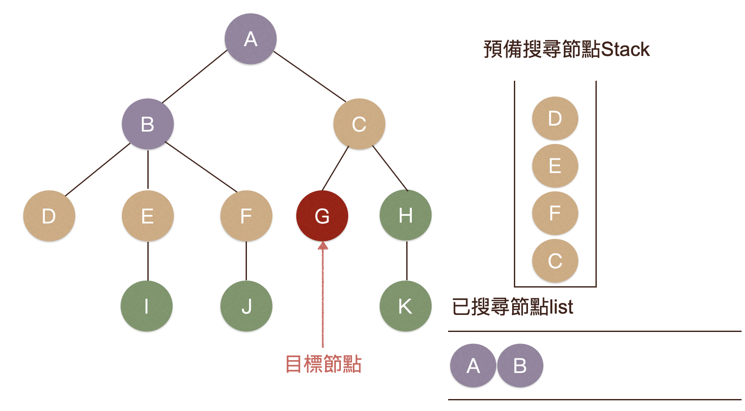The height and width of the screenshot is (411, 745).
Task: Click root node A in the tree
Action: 251,39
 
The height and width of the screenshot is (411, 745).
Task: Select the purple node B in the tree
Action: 148,124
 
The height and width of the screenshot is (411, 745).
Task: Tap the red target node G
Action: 322,216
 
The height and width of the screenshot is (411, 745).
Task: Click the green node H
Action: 405,215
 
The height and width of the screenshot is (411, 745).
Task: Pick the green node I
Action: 147,306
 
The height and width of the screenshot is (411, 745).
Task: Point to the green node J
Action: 246,306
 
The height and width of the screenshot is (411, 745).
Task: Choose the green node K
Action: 405,306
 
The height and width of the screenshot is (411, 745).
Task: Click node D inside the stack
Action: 555,118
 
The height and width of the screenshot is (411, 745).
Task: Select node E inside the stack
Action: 555,166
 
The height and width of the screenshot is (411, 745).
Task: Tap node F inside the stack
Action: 555,213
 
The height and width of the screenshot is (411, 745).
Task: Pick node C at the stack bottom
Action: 555,261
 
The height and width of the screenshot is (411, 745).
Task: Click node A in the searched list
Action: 473,366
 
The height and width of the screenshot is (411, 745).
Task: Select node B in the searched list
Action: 520,366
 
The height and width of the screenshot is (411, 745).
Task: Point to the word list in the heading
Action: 561,307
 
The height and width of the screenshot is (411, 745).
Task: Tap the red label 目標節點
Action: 323,364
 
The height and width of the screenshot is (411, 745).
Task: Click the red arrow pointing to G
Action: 323,295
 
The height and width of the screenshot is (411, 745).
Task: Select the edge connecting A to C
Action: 310,76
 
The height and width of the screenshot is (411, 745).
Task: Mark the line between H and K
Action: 407,261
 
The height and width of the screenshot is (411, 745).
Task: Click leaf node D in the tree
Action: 49,216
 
